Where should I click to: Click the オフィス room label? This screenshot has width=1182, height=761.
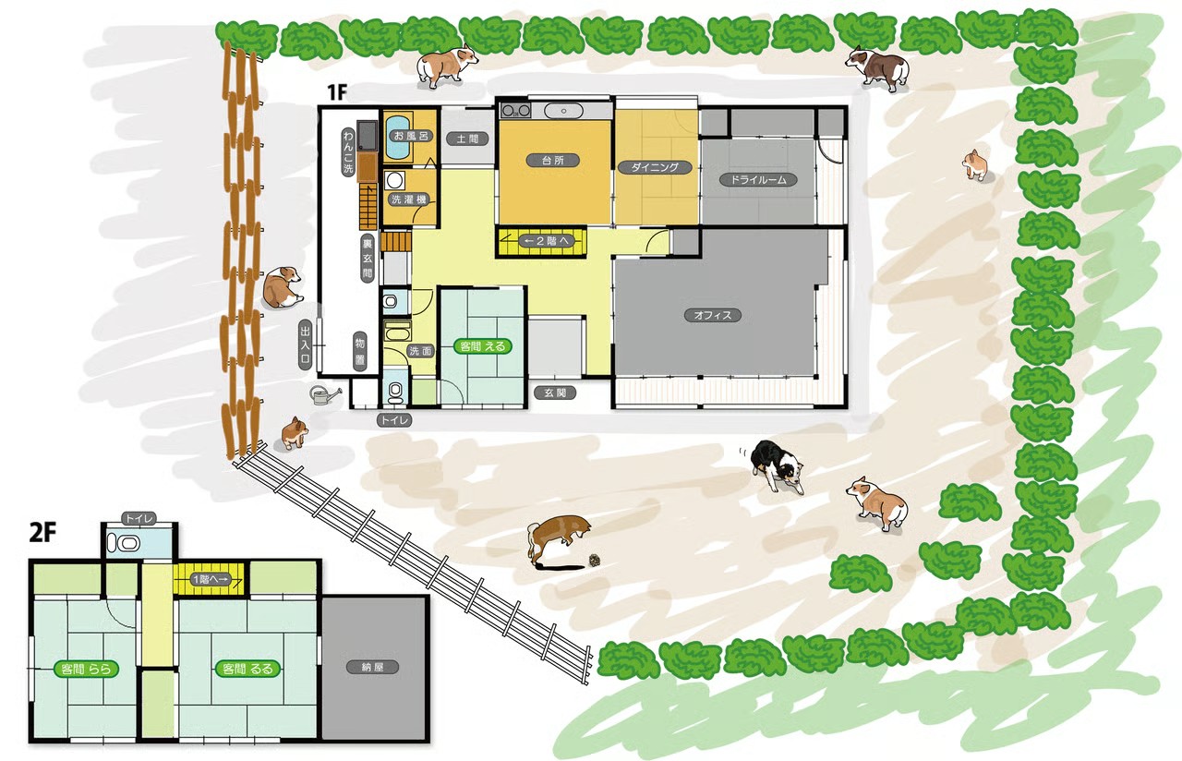pyautogui.click(x=712, y=316)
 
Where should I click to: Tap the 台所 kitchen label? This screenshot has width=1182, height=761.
pyautogui.click(x=553, y=161)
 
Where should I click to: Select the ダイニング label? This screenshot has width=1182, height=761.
pyautogui.click(x=655, y=168)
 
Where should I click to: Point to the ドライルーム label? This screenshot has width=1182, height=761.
pyautogui.click(x=758, y=180)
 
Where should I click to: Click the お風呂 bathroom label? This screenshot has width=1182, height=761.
pyautogui.click(x=411, y=136)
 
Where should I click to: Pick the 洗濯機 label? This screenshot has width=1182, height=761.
pyautogui.click(x=409, y=199)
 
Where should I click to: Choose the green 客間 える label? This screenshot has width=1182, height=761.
pyautogui.click(x=483, y=346)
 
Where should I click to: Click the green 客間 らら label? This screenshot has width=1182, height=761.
pyautogui.click(x=86, y=670)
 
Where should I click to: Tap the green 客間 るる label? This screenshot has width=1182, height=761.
pyautogui.click(x=247, y=670)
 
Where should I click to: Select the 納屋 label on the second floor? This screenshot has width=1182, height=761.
pyautogui.click(x=372, y=667)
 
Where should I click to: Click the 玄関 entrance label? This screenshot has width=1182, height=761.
pyautogui.click(x=555, y=393)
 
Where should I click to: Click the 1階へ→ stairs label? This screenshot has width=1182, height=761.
pyautogui.click(x=211, y=579)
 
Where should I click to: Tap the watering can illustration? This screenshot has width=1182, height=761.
pyautogui.click(x=323, y=395)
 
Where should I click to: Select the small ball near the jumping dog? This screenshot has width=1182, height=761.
pyautogui.click(x=595, y=560)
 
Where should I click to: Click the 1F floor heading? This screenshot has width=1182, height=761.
pyautogui.click(x=337, y=92)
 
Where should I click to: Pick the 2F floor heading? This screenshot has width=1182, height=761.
pyautogui.click(x=42, y=534)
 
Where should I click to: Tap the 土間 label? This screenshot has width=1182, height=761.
pyautogui.click(x=467, y=139)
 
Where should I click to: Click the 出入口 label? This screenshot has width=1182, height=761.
pyautogui.click(x=305, y=345)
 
